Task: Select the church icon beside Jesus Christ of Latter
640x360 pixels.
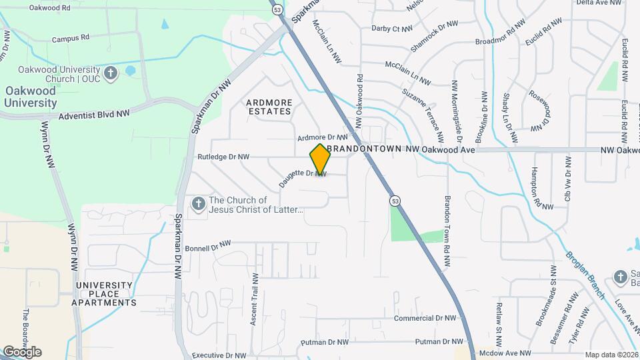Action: click(x=198, y=203)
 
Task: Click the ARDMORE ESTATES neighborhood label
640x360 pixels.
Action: click(x=269, y=107)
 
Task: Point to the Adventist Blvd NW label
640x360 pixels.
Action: click(x=94, y=115)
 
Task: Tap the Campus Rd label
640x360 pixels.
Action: click(x=71, y=39)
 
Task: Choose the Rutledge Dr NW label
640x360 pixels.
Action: click(x=223, y=157)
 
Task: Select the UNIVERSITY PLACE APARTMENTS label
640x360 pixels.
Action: click(x=106, y=294)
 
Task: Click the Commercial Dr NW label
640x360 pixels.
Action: click(x=424, y=319)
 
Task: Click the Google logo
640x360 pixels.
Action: click(x=21, y=352)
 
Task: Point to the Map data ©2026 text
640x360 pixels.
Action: click(x=611, y=355)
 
